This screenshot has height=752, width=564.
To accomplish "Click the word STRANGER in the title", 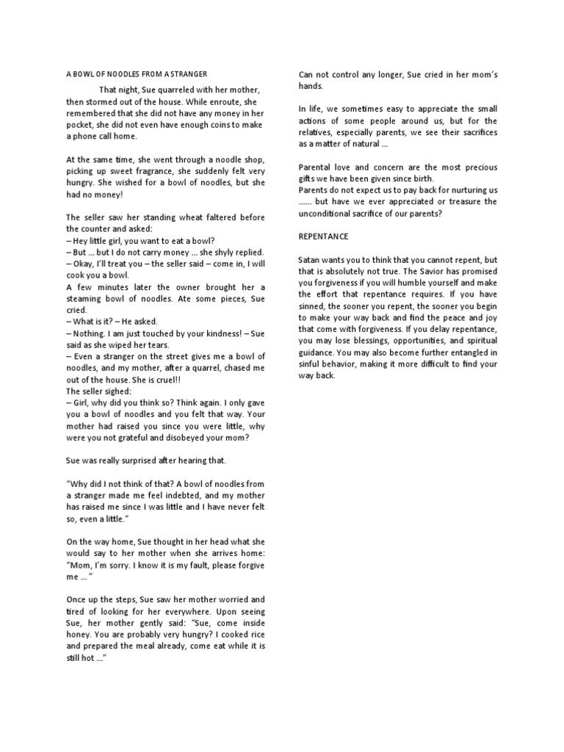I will pos(187,74).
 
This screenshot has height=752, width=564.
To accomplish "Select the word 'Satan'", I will pos(311,261).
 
